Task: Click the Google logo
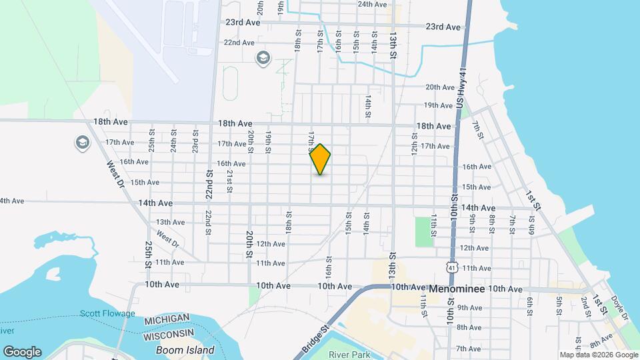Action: pos(22,352)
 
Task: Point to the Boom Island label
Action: pos(185,350)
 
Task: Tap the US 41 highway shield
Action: pos(452,267)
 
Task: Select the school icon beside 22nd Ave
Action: pos(262,58)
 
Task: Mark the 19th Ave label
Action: pos(439,105)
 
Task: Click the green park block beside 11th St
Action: pos(422,231)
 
